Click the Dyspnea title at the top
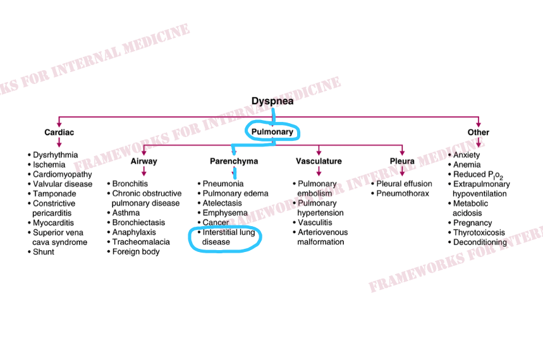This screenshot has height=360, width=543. [x=272, y=101]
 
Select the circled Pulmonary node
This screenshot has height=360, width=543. [x=272, y=132]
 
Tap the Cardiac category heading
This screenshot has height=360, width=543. [x=59, y=133]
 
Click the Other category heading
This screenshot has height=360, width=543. [x=478, y=133]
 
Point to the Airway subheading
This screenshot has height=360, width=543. [x=143, y=161]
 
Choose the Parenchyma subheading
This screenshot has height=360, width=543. [x=234, y=161]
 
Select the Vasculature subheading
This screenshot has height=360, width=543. [x=319, y=161]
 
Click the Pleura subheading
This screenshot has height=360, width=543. [x=402, y=161]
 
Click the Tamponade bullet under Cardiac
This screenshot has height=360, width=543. [x=54, y=194]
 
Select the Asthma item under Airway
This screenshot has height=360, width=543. [x=126, y=213]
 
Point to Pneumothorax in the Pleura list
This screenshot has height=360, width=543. [x=403, y=193]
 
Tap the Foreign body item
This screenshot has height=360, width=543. [x=136, y=251]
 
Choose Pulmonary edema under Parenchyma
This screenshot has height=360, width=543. [x=235, y=193]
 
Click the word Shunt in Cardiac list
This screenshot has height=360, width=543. [x=44, y=251]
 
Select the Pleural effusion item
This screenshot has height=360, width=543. [x=405, y=184]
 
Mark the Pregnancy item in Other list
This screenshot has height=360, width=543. [x=472, y=223]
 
